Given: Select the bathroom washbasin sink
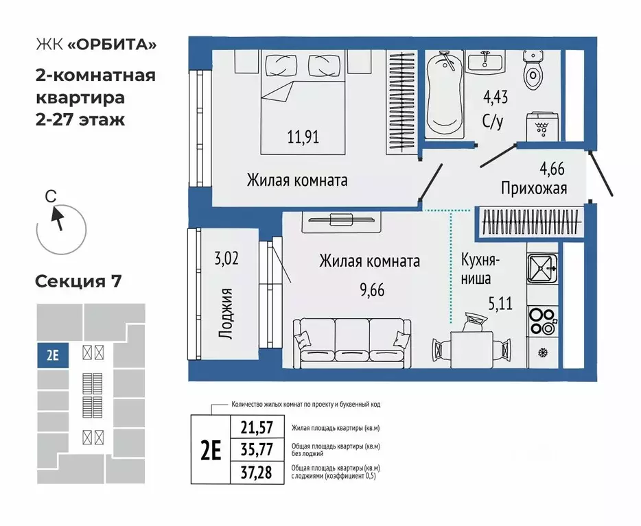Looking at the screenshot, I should point(487,64).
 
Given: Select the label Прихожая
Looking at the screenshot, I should point(533,188).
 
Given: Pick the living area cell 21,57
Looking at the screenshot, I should point(257,427).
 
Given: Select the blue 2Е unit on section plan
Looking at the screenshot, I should point(53,355).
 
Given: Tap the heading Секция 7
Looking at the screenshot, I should point(78,281).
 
